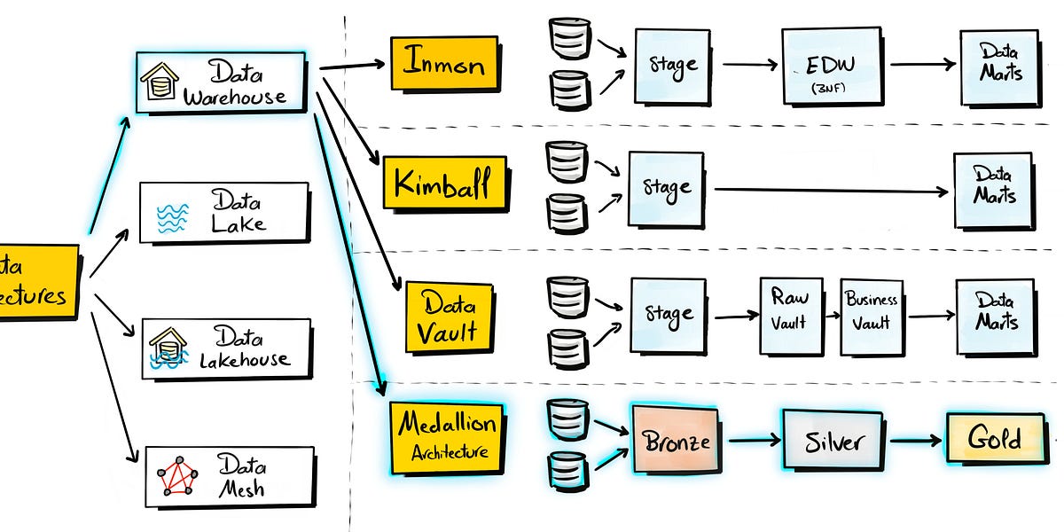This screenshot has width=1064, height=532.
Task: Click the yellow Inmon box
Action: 443,62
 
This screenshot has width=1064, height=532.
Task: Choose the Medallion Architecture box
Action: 447,437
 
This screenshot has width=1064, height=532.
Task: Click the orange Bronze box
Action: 676,440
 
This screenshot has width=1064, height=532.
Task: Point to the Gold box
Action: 994,439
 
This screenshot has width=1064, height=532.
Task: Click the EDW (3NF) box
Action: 832,65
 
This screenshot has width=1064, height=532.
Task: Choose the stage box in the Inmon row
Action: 672,65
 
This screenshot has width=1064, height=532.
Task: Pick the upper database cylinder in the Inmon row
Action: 570,35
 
